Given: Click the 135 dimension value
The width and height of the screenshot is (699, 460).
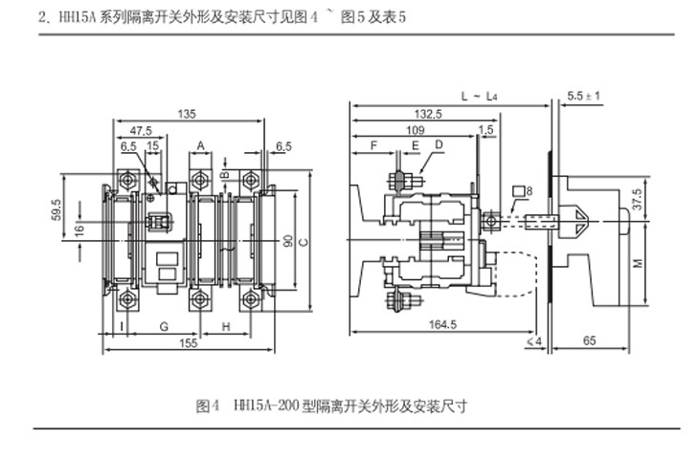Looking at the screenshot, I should [189, 114].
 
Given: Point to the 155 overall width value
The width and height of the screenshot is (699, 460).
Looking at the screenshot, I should [188, 341].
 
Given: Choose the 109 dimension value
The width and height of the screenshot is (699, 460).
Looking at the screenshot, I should [415, 129].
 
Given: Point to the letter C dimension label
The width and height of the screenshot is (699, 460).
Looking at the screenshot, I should [303, 242].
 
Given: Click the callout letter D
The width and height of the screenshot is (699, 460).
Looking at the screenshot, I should [439, 144].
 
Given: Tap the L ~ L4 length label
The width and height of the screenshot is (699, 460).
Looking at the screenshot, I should [479, 97].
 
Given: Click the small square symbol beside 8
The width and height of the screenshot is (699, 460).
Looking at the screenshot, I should [517, 191].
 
